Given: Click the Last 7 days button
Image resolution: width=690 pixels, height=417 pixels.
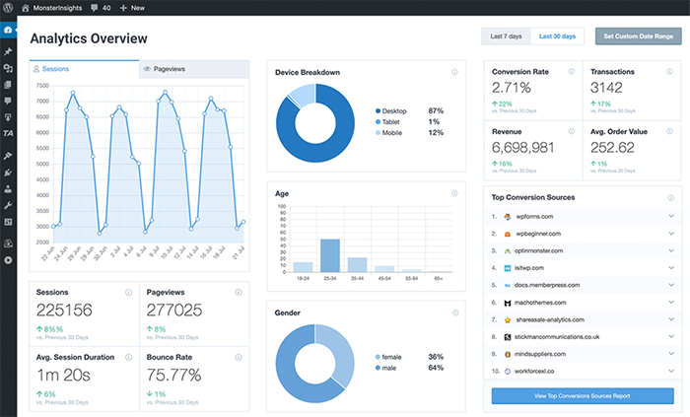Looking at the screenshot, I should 506,36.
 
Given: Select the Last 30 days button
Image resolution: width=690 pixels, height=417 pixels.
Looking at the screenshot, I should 558,36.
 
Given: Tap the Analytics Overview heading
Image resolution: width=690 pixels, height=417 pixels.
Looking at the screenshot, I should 89,39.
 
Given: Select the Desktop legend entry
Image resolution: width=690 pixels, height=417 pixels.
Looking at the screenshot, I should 396,110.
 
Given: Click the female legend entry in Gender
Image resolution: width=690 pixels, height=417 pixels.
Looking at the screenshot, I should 393,357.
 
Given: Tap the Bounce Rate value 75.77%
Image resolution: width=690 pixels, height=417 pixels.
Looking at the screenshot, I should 173,375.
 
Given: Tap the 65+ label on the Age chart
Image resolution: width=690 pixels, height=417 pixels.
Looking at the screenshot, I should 438,280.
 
